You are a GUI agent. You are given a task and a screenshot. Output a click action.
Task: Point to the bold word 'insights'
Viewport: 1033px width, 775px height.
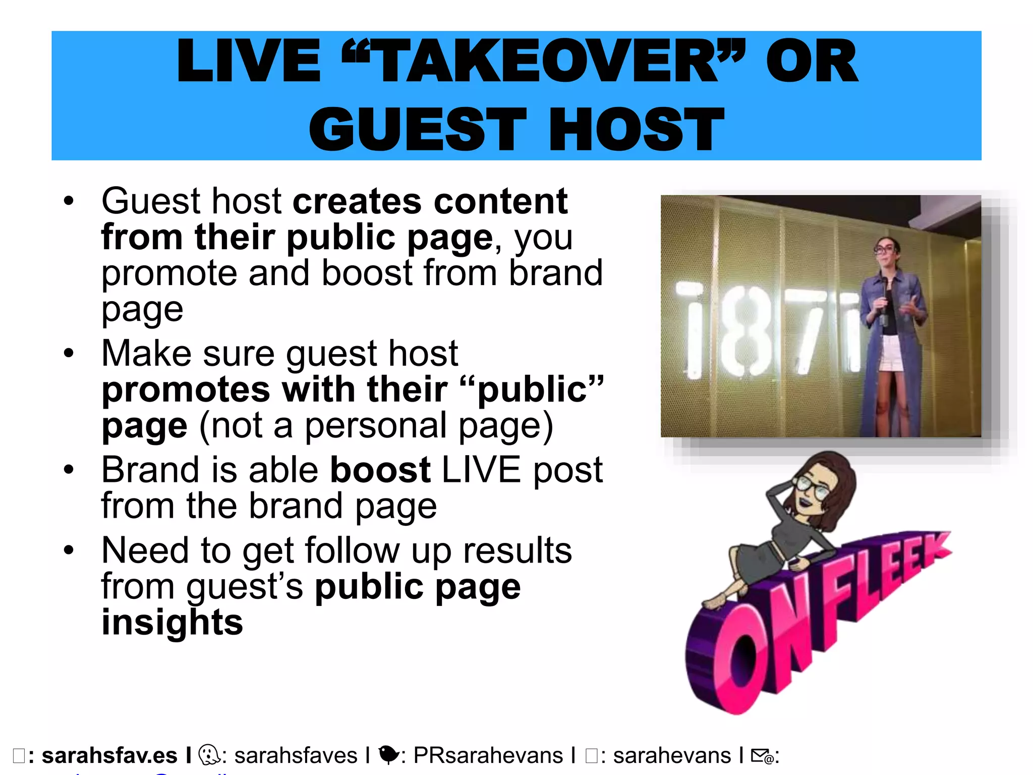(x=173, y=622)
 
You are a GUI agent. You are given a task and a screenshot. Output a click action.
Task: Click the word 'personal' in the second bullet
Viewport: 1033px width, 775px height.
(x=376, y=425)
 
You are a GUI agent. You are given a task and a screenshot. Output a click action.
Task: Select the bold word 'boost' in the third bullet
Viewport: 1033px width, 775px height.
(x=380, y=470)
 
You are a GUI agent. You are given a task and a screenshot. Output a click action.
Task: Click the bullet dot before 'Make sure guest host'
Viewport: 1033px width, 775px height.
(x=69, y=353)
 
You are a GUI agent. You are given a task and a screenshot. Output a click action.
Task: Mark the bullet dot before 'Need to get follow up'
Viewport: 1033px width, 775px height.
(x=69, y=550)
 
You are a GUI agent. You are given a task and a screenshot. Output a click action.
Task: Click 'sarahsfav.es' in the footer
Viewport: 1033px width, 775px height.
(x=109, y=756)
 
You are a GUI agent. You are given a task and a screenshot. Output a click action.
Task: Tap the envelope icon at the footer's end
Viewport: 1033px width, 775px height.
(x=762, y=756)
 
